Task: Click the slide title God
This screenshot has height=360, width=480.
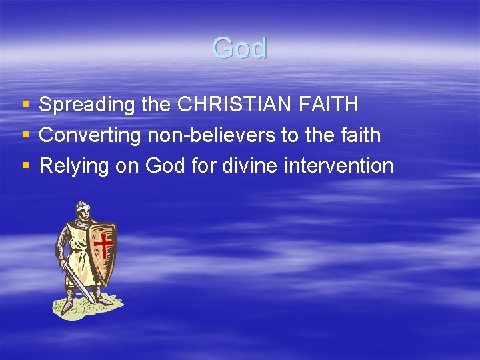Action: point(239,49)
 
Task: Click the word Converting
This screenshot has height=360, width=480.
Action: point(90,135)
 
